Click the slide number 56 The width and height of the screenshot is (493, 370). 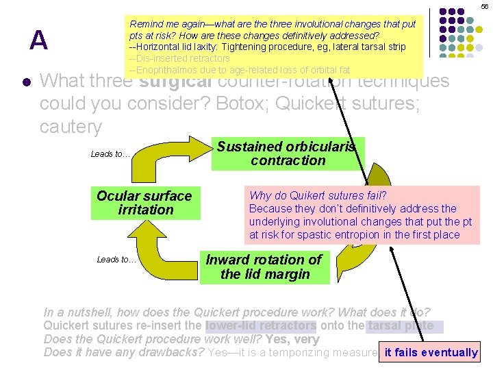tap(484, 6)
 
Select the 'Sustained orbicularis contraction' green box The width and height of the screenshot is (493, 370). tap(288, 153)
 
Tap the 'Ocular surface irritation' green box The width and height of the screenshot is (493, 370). tap(145, 203)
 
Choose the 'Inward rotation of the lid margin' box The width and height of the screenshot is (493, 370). tap(264, 267)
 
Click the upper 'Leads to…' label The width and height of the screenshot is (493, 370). tap(110, 154)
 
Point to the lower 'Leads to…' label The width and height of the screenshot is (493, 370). tap(116, 259)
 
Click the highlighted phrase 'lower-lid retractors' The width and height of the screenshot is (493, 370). tap(261, 325)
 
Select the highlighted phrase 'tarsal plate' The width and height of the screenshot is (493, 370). tap(400, 325)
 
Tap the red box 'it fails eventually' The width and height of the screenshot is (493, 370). tap(431, 352)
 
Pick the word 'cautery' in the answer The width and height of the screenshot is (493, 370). tap(71, 127)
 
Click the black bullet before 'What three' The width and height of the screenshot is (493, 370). tap(25, 82)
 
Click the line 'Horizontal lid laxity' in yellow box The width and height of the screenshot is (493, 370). tap(267, 47)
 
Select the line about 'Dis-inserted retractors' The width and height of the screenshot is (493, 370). tap(179, 58)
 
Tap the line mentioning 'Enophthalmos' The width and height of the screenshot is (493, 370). tap(240, 70)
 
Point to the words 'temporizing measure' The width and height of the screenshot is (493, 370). tap(322, 353)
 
